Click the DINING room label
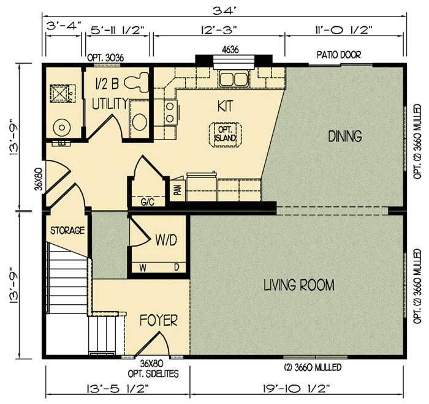pos(345,136)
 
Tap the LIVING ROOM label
pos(299,285)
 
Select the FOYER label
pos(159,320)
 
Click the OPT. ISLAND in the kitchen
pos(226,135)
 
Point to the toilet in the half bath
pos(136,81)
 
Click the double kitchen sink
pos(233,79)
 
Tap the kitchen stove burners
pos(170,113)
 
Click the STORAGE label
pos(67,230)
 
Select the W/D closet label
pos(166,240)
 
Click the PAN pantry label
pos(178,189)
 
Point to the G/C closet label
pos(148,202)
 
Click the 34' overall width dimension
pos(224,11)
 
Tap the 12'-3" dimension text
pos(219,29)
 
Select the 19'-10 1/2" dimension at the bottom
pos(297,388)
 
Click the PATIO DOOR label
pos(339,55)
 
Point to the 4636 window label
pos(230,50)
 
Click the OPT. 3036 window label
pos(105,58)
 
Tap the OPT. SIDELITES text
pos(153,373)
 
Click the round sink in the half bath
pos(140,121)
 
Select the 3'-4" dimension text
pos(64,26)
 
